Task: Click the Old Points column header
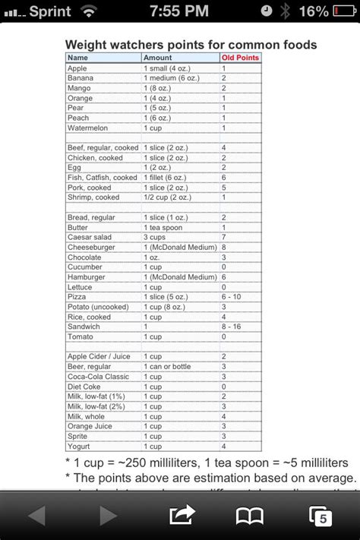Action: point(240,58)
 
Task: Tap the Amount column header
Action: point(158,58)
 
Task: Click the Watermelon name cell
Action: point(88,128)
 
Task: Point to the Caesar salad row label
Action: point(90,237)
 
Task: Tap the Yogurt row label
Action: point(79,446)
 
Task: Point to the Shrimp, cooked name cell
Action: point(93,197)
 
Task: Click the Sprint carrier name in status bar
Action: point(50,11)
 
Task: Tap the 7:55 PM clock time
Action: point(179,11)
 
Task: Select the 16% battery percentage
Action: point(313,11)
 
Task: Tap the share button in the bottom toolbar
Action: point(182,516)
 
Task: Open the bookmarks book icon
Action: point(248,516)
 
